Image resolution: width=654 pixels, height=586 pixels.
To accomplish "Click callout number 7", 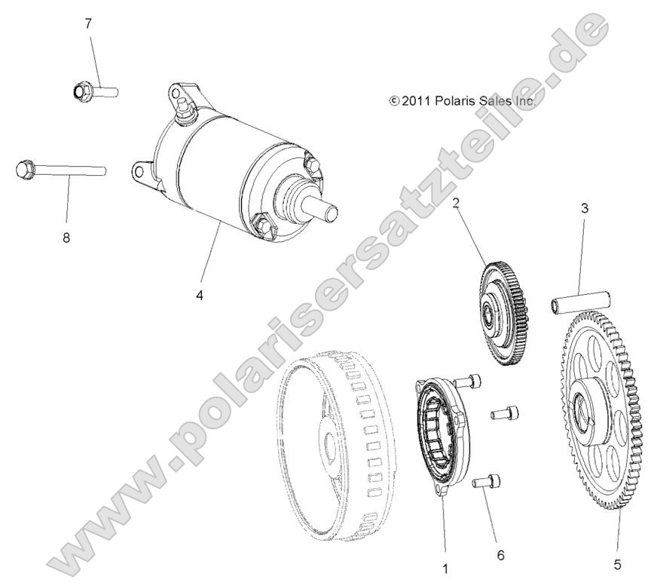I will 88,23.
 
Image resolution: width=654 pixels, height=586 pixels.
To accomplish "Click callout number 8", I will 66,238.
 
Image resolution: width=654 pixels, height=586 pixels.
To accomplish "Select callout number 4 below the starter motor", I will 200,296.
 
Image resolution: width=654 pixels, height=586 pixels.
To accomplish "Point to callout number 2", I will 456,202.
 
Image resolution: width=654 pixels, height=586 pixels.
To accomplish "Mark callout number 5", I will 619,562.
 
